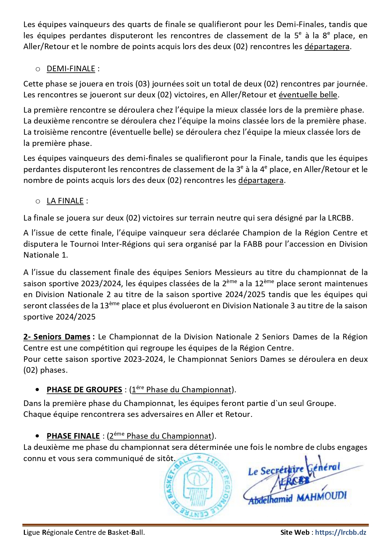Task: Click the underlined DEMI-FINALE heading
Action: tap(71, 69)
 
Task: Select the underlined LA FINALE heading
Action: tap(65, 201)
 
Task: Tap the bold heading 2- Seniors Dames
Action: tap(57, 337)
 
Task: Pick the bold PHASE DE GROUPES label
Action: tap(84, 390)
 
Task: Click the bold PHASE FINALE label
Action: tap(73, 436)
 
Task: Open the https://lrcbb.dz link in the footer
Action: tap(341, 532)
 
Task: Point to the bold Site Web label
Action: tap(295, 532)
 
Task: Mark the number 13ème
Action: tap(109, 306)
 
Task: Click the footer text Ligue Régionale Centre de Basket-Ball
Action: tap(84, 532)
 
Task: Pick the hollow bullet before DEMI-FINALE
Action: tap(38, 69)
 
